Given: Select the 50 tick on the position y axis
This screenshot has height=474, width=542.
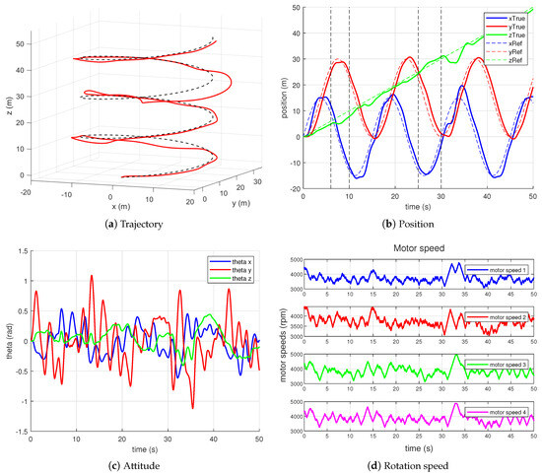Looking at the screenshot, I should pos(297,8).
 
